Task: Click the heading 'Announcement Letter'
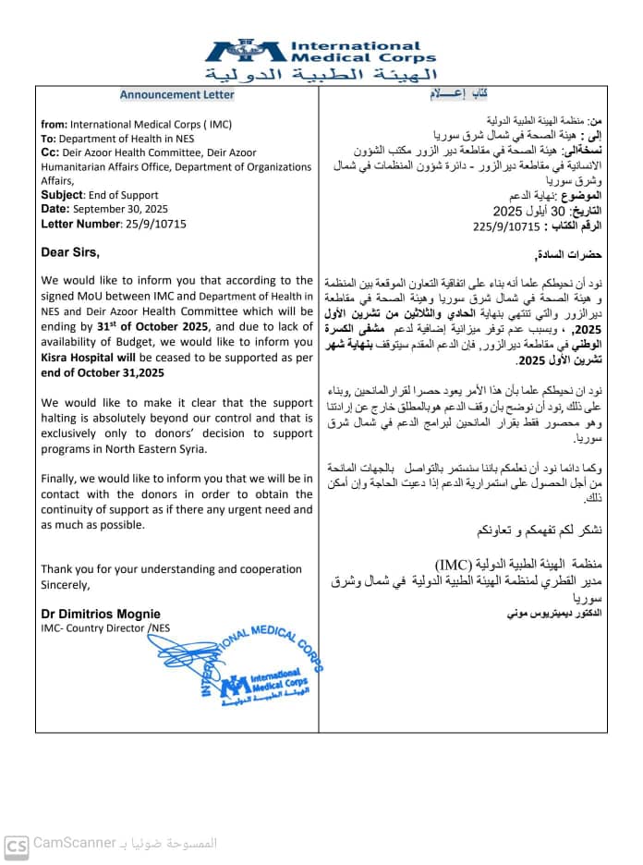(176, 94)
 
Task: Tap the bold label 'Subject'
(62, 195)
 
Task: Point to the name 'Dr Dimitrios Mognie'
(100, 614)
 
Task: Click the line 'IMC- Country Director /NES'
(105, 627)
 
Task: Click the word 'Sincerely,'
(66, 584)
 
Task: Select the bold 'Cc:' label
(51, 152)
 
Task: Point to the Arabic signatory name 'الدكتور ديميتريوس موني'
(553, 613)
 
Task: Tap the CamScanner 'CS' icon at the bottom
(17, 846)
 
